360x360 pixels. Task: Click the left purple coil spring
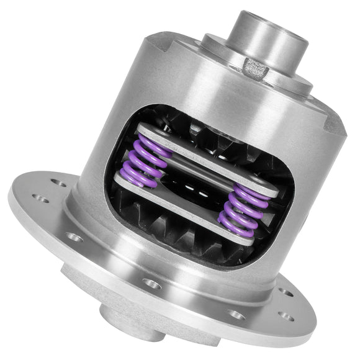coord(149,160)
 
